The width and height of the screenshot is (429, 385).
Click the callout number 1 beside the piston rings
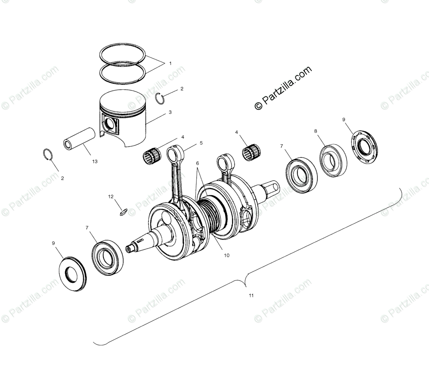pos(170,63)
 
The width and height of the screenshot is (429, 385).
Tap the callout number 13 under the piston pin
pos(94,161)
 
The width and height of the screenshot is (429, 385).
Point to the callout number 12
pos(111,196)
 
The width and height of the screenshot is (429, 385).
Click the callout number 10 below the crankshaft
pos(227,255)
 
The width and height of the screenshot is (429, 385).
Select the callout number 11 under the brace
pos(251,295)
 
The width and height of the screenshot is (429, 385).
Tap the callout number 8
pos(316,131)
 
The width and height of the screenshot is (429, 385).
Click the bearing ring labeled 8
pos(333,160)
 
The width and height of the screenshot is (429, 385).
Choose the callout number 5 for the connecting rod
pos(201,143)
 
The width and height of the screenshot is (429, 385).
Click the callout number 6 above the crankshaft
pos(197,163)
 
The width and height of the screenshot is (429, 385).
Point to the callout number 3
pos(170,112)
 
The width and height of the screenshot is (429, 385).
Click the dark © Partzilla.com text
pos(283,88)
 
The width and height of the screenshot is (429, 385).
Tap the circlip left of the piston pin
pos(47,155)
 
